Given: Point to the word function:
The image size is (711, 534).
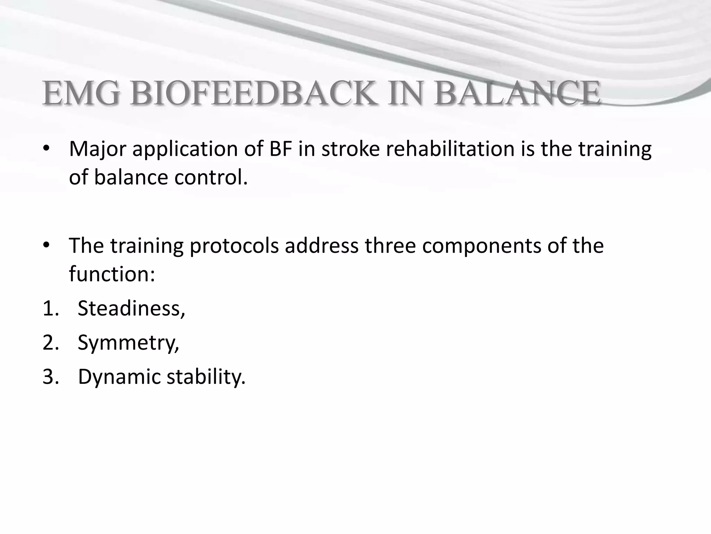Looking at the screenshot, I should (x=112, y=274).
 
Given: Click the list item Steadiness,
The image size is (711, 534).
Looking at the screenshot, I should (x=131, y=308).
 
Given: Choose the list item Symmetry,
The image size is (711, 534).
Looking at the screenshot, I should (x=128, y=343).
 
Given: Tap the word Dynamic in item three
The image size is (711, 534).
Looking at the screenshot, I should (x=118, y=377).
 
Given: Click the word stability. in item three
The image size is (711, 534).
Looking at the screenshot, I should (x=206, y=377).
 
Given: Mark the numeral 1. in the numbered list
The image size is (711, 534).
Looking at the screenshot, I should (x=51, y=308).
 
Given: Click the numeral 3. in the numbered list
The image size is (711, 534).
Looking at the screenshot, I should (x=51, y=377).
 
